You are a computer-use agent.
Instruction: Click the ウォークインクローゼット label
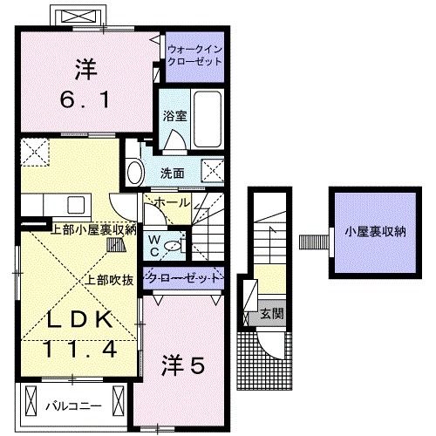coord(196,57)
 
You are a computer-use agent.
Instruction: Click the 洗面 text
coord(172,172)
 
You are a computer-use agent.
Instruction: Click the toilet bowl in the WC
coord(174,247)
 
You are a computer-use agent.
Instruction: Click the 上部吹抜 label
coord(109,281)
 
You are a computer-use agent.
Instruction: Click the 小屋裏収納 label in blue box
coord(375,232)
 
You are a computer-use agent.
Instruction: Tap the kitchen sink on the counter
coord(73,205)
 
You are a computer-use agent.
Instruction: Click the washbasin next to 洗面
coord(134,171)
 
